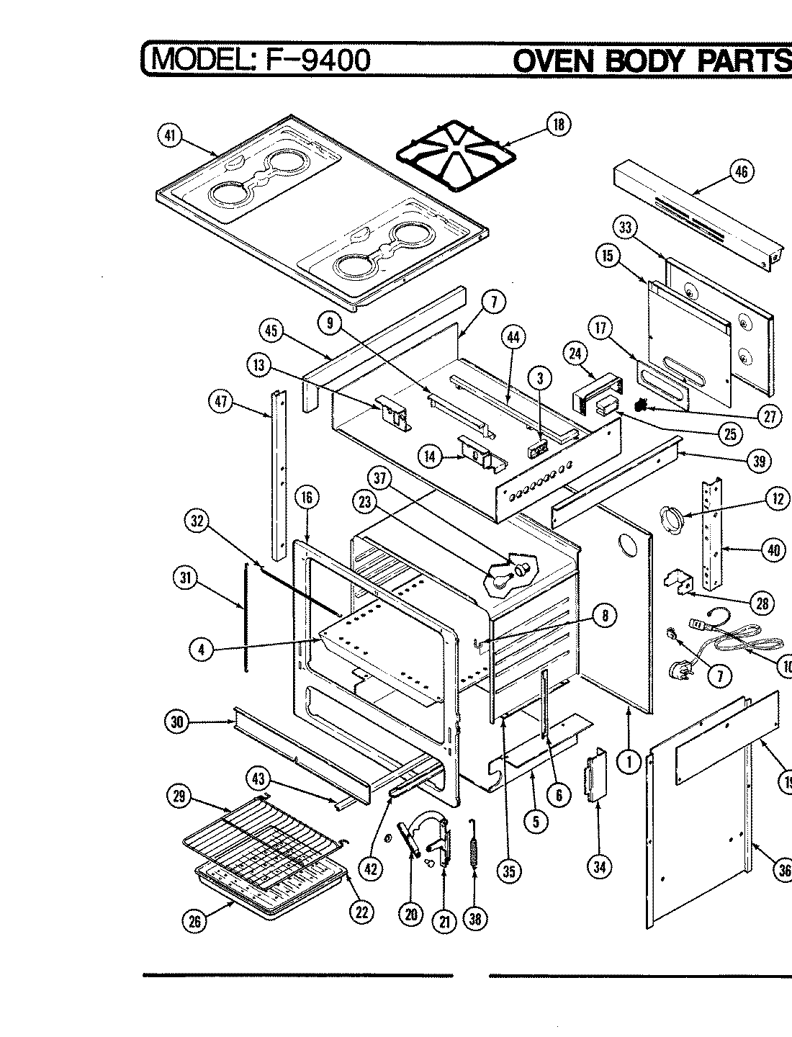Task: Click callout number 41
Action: [170, 136]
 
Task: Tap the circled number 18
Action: [558, 125]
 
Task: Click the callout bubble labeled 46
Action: [742, 171]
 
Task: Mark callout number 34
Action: [599, 867]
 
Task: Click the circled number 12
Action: [777, 499]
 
